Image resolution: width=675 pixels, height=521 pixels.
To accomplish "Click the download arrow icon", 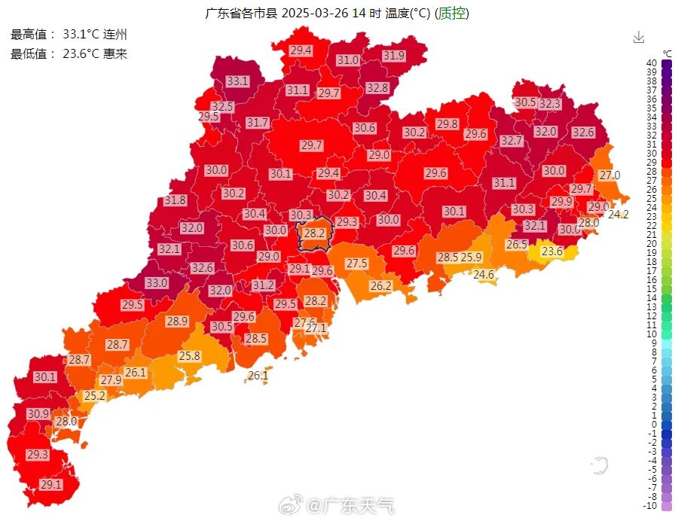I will click(x=639, y=37).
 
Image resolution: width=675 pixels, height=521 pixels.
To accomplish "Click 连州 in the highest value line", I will click(x=115, y=35).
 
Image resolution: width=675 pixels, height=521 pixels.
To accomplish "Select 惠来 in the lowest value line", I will click(x=115, y=53).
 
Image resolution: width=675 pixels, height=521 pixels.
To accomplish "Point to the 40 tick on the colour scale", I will click(x=652, y=62).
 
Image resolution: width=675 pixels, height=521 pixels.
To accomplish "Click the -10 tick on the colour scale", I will click(x=650, y=505).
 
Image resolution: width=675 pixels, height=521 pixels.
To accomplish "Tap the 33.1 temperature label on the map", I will click(x=237, y=81).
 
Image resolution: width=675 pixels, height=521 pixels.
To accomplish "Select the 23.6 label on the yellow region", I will click(x=552, y=251).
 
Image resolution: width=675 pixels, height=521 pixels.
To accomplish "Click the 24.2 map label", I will click(x=618, y=215).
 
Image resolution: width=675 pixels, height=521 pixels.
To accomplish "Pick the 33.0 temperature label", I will click(x=157, y=283).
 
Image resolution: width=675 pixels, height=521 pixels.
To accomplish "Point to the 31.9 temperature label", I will click(x=393, y=56).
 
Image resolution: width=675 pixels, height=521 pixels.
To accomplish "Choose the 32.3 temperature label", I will click(x=549, y=104).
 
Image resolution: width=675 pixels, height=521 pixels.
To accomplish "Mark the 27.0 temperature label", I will click(x=609, y=175).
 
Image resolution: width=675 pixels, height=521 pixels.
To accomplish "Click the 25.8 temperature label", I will click(x=189, y=356).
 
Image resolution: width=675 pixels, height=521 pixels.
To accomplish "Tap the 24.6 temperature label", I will click(x=484, y=275).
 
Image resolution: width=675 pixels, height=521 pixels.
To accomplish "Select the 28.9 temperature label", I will click(x=176, y=321).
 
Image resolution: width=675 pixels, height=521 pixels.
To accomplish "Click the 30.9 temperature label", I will click(x=38, y=414).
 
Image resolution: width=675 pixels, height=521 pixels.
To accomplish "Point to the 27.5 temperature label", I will click(x=356, y=264).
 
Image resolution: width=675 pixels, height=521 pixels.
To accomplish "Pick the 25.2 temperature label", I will click(x=94, y=396).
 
